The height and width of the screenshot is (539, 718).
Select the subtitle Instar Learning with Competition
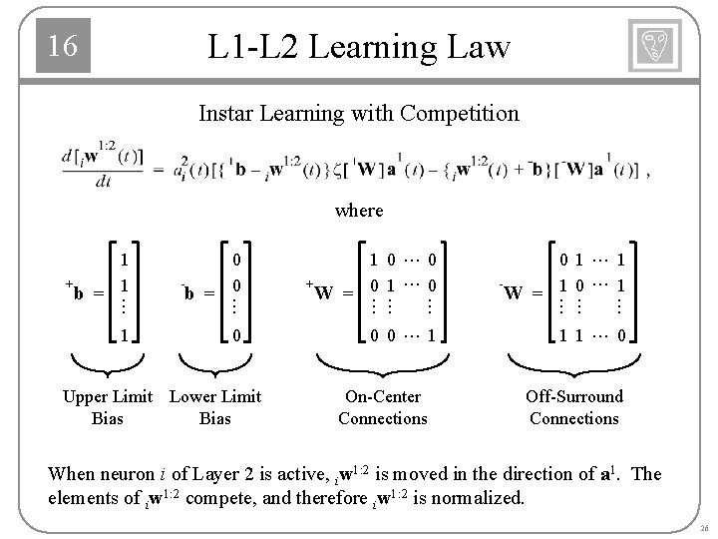359,113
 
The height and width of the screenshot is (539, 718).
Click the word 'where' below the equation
359,210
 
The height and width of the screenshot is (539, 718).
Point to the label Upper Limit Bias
107,407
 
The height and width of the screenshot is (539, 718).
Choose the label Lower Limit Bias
215,407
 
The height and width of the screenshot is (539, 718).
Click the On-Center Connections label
382,407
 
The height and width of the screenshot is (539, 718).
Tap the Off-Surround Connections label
574,407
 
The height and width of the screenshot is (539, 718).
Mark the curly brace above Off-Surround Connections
573,362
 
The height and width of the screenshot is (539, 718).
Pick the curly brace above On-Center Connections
383,362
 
